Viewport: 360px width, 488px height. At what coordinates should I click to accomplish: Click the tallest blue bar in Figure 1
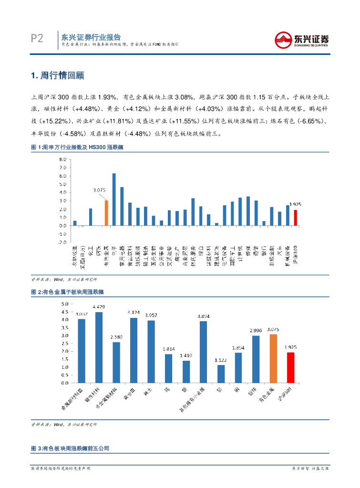click(114, 199)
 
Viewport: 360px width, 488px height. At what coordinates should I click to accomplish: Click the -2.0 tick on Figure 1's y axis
click(62, 242)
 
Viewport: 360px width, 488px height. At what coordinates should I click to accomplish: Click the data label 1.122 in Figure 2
click(221, 374)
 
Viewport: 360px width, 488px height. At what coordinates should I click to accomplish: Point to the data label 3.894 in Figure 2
click(203, 315)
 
